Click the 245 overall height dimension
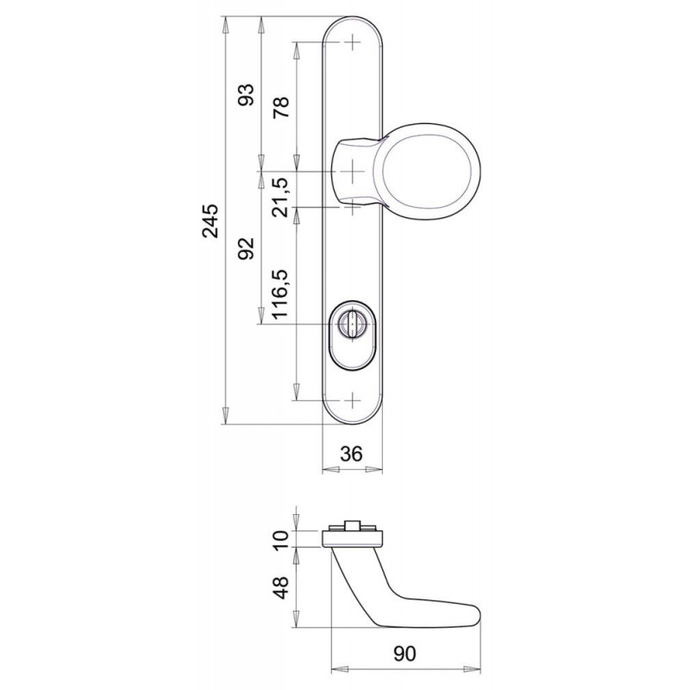coord(210,221)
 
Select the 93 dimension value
coord(247,95)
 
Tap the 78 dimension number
coord(282,107)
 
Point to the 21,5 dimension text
coord(281,198)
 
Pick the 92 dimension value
coord(247,248)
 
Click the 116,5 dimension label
coord(281,294)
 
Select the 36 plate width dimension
coord(352,454)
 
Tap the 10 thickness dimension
coord(281,540)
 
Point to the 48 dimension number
coord(281,587)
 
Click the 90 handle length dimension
coord(405,654)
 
